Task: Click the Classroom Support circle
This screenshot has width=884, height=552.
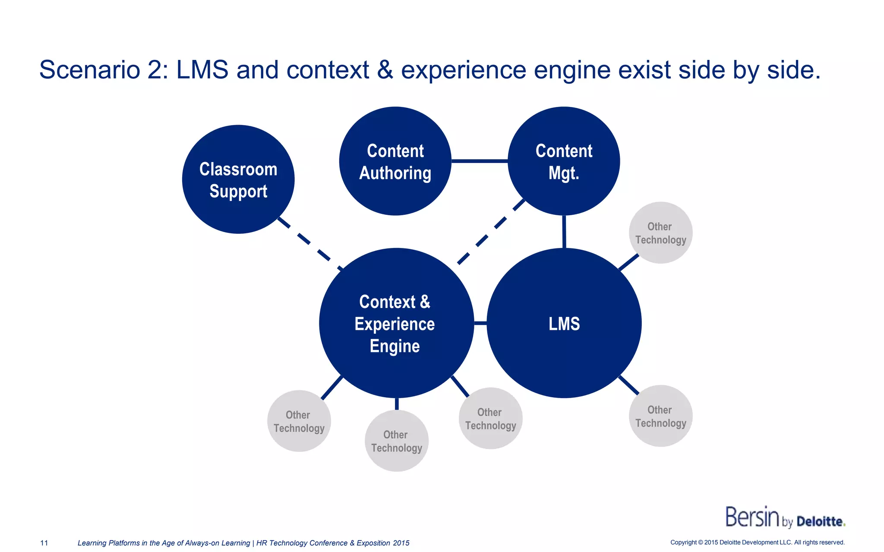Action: click(x=238, y=179)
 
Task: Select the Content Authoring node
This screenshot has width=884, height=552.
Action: click(x=395, y=161)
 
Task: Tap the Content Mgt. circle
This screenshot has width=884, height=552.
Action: click(x=564, y=161)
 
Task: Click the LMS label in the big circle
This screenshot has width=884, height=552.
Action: click(x=564, y=324)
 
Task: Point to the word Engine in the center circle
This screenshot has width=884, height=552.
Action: click(x=395, y=346)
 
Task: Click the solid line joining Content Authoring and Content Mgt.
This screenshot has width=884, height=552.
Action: click(x=480, y=161)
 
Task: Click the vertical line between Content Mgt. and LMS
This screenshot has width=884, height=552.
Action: click(x=564, y=232)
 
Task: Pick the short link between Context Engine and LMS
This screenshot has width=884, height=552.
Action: click(x=480, y=323)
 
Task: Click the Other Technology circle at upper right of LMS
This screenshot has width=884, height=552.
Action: click(x=660, y=233)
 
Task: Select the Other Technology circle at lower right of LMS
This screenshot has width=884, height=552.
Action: click(x=660, y=416)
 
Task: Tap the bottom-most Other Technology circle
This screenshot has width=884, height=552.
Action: click(x=396, y=441)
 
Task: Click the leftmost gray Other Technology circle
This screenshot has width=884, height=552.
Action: click(x=299, y=421)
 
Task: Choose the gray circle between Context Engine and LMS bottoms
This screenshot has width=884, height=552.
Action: click(x=490, y=418)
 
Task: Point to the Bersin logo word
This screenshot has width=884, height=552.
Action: click(x=752, y=517)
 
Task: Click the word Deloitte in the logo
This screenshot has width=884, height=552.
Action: click(x=820, y=521)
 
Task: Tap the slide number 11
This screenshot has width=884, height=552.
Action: click(x=44, y=543)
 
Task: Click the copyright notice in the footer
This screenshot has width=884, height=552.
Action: click(x=757, y=543)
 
